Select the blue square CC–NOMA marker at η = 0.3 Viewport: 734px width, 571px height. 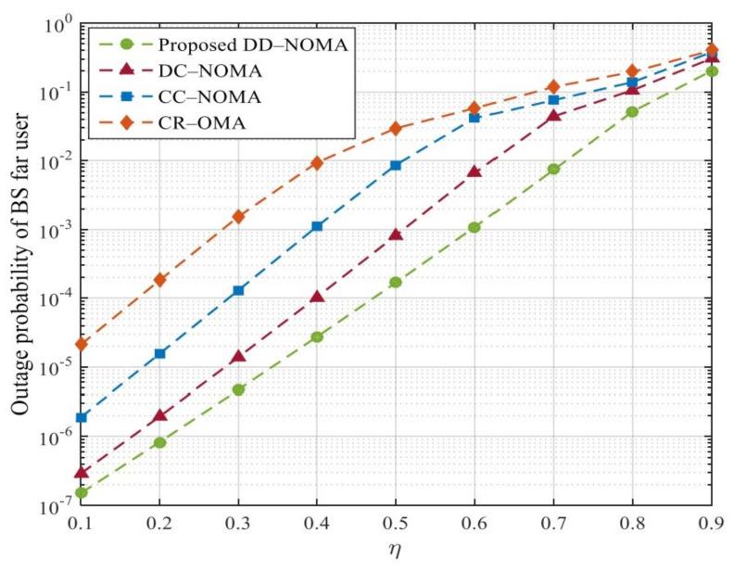coord(239,290)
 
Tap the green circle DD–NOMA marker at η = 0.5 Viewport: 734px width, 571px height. coord(396,282)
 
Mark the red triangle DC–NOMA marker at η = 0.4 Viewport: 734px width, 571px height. coord(317,297)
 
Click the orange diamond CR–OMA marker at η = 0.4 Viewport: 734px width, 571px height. coord(317,163)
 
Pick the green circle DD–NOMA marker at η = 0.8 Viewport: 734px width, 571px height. coord(632,112)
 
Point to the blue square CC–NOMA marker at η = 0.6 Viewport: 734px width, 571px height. coord(475,118)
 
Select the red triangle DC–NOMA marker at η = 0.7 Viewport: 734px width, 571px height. coord(553,116)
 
